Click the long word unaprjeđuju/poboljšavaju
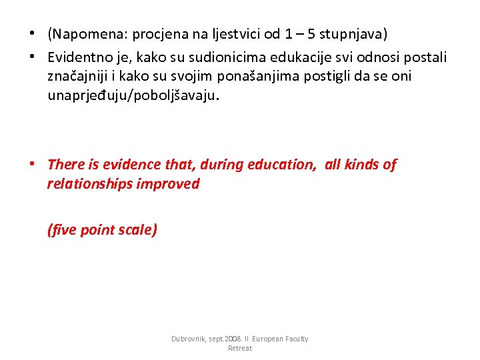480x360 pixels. point(132,96)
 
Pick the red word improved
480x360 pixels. point(168,184)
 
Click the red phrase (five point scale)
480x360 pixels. point(102,231)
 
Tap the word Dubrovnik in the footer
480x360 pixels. point(189,339)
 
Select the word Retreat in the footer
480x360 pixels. point(239,349)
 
